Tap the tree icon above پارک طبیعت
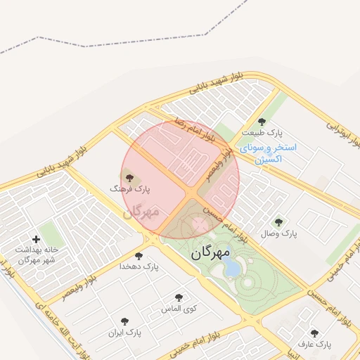262,122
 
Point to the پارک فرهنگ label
130,189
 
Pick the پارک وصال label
280,233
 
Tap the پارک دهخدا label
139,266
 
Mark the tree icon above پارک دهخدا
138,256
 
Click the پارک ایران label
125,331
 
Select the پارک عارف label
314,345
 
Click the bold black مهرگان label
210,252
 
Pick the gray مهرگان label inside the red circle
141,210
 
